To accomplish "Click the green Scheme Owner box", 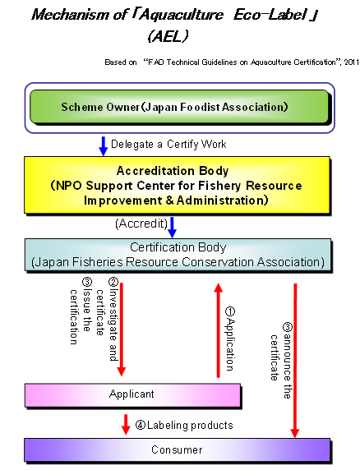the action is [179, 107].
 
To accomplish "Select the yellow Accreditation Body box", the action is [178, 185].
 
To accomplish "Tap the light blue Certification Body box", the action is [178, 255].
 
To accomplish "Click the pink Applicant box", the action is [133, 395].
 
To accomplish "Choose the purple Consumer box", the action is [178, 449].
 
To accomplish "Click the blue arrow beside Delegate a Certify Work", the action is [104, 146].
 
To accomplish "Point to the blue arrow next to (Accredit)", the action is [172, 228].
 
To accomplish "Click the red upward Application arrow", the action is [219, 330].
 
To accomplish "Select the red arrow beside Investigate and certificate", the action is [122, 329].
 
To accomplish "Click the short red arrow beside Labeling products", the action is [126, 424].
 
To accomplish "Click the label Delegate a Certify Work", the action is [168, 145].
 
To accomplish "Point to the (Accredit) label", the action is [141, 223].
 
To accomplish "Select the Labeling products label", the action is [184, 426].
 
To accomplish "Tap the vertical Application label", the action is [230, 339].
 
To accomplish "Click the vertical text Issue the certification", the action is [81, 311].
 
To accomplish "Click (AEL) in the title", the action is [168, 37].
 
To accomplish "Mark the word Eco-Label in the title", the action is [270, 15].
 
